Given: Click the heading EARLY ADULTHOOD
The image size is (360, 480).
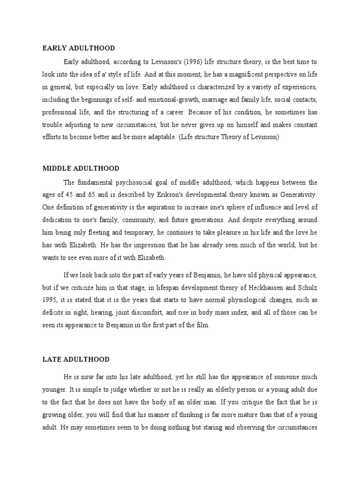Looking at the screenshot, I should point(79,48).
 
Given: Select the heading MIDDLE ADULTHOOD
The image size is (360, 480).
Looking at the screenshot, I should point(81,168).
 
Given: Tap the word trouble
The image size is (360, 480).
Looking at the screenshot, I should point(53,124).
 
